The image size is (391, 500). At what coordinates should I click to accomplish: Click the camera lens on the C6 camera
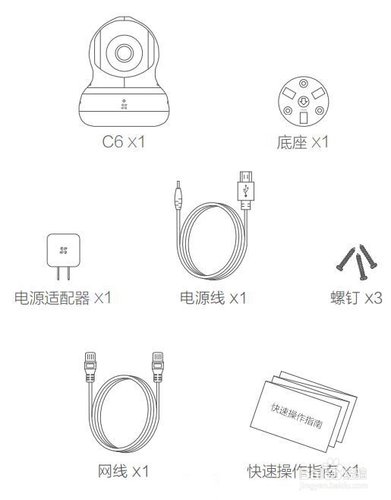(123, 52)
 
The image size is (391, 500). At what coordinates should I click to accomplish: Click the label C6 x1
(123, 142)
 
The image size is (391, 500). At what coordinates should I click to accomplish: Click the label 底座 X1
(304, 142)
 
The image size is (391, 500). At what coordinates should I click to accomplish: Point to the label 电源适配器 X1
(63, 297)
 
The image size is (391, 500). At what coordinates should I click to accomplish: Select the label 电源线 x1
(213, 297)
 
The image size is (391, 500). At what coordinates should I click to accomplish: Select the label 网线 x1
(123, 472)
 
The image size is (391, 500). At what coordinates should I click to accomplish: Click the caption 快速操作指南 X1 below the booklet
(302, 472)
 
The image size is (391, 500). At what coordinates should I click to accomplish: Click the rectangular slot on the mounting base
(304, 118)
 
